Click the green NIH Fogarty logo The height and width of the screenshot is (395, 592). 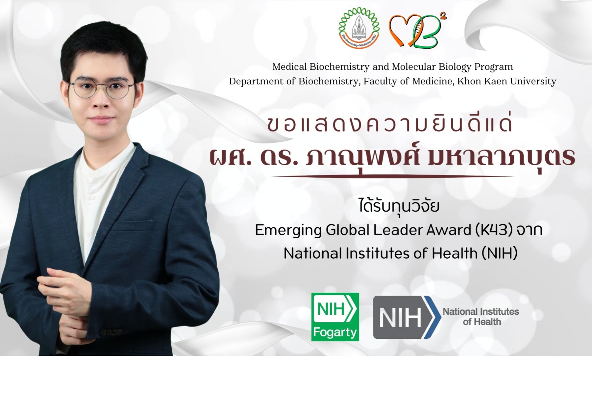point(335,317)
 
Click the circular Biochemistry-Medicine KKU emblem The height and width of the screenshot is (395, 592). point(359,28)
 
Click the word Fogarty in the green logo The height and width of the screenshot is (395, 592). point(335,332)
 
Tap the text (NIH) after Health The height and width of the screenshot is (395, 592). point(500,253)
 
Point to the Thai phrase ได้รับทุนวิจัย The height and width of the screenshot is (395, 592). point(399,206)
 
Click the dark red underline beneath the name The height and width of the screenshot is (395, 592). point(392,177)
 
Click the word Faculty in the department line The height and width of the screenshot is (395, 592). point(380,81)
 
